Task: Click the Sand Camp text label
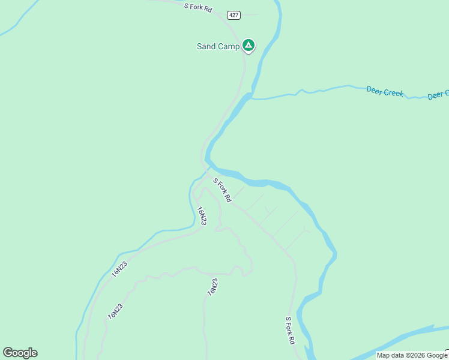click(218, 46)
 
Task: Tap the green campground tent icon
click(249, 45)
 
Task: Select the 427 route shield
click(234, 15)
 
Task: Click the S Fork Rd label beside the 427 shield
click(198, 7)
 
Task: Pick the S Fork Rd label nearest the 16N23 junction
click(222, 190)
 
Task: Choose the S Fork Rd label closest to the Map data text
click(291, 330)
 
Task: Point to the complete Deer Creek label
click(385, 92)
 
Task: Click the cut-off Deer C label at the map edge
click(438, 95)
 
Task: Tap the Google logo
click(20, 353)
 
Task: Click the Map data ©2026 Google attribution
click(412, 355)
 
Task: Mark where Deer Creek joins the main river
click(252, 98)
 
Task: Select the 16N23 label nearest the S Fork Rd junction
click(202, 216)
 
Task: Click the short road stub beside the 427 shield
click(251, 14)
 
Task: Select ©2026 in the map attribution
click(410, 355)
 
